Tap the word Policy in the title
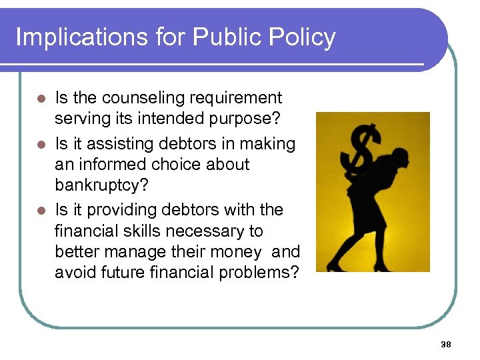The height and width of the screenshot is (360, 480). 304,37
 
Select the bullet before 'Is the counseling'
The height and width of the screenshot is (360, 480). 41,99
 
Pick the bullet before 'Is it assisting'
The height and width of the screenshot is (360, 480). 41,145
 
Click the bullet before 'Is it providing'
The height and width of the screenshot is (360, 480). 41,211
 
